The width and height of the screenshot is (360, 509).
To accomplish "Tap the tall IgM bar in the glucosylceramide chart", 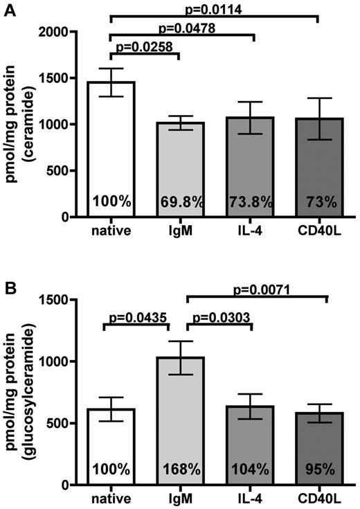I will click(183, 416).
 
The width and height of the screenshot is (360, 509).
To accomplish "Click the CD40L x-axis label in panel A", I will click(318, 227).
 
